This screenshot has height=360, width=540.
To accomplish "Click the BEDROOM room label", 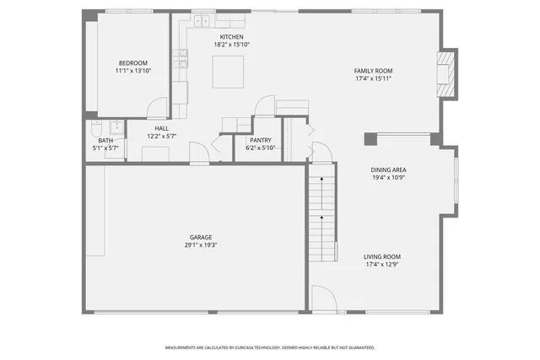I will click(132, 63).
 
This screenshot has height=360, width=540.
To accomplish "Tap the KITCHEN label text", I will click(231, 38).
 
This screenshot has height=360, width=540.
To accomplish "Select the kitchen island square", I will click(228, 72).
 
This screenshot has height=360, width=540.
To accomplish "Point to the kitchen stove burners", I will click(181, 57).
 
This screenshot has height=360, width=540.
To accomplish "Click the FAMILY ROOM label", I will click(373, 71).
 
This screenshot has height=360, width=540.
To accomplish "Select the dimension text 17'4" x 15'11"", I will click(373, 79).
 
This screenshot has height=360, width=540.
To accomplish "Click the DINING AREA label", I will click(389, 169).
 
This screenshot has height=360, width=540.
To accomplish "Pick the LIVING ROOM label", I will click(382, 256).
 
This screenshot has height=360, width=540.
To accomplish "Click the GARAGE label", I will click(200, 237).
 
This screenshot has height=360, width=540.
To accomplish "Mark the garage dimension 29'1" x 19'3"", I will click(200, 245).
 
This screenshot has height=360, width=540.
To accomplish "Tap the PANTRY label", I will click(260, 140).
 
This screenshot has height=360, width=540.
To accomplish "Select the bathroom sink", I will click(117, 128).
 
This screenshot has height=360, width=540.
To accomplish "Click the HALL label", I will click(161, 128).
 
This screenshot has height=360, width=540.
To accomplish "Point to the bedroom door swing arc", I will click(157, 107).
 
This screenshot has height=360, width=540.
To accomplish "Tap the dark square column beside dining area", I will click(370, 138).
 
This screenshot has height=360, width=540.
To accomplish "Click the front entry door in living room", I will click(324, 299).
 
